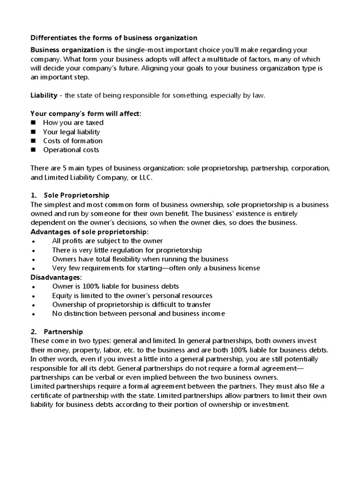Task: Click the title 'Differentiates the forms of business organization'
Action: tap(114, 37)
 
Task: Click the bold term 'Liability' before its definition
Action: tap(44, 95)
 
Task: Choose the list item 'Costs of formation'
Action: tap(73, 141)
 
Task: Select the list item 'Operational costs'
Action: tap(71, 150)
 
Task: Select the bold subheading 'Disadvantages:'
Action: tap(55, 277)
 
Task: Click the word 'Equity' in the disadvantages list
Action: tap(62, 295)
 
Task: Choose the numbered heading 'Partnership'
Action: tap(63, 331)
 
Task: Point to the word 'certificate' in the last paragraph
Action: tap(46, 395)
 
